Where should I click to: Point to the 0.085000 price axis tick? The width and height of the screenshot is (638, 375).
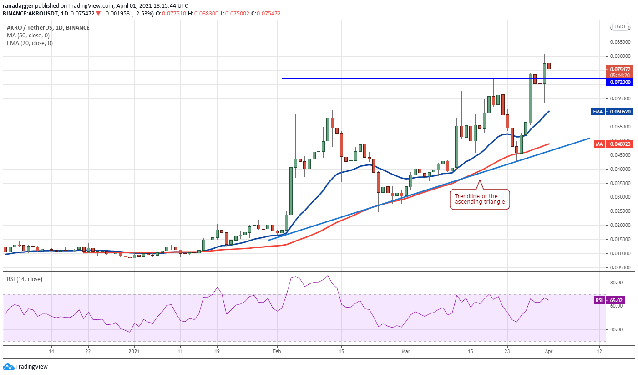tap(619, 42)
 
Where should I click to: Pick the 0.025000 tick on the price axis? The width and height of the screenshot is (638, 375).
tap(619, 211)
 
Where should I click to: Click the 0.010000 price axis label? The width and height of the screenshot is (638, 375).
tap(619, 253)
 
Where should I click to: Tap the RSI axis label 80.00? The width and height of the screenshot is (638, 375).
tap(616, 283)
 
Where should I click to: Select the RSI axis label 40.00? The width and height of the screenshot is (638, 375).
tap(616, 329)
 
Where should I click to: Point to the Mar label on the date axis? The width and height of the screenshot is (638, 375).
tap(406, 351)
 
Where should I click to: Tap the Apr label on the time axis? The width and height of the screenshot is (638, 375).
tap(549, 351)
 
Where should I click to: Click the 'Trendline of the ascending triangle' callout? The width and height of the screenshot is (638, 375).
tap(480, 199)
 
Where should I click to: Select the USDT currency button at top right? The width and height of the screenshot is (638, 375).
tap(620, 26)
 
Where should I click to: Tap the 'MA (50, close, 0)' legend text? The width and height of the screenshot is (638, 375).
tap(28, 36)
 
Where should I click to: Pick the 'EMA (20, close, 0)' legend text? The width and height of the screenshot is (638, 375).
tap(30, 43)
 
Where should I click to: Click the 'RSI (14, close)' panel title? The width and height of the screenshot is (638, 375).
tap(24, 279)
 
